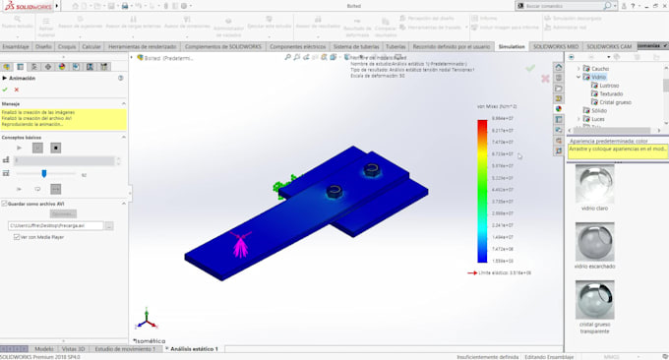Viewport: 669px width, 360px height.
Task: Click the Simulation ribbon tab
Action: [x=512, y=46]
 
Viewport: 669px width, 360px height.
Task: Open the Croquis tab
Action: [x=67, y=46]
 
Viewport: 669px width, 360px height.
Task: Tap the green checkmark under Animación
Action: [x=5, y=90]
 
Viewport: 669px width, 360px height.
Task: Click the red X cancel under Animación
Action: [x=17, y=90]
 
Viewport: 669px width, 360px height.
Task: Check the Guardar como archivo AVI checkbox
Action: [x=5, y=203]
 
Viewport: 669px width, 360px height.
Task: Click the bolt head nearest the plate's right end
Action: [x=371, y=171]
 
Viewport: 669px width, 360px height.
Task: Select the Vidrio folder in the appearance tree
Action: [x=599, y=77]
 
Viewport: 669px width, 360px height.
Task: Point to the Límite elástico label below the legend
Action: [x=507, y=272]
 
